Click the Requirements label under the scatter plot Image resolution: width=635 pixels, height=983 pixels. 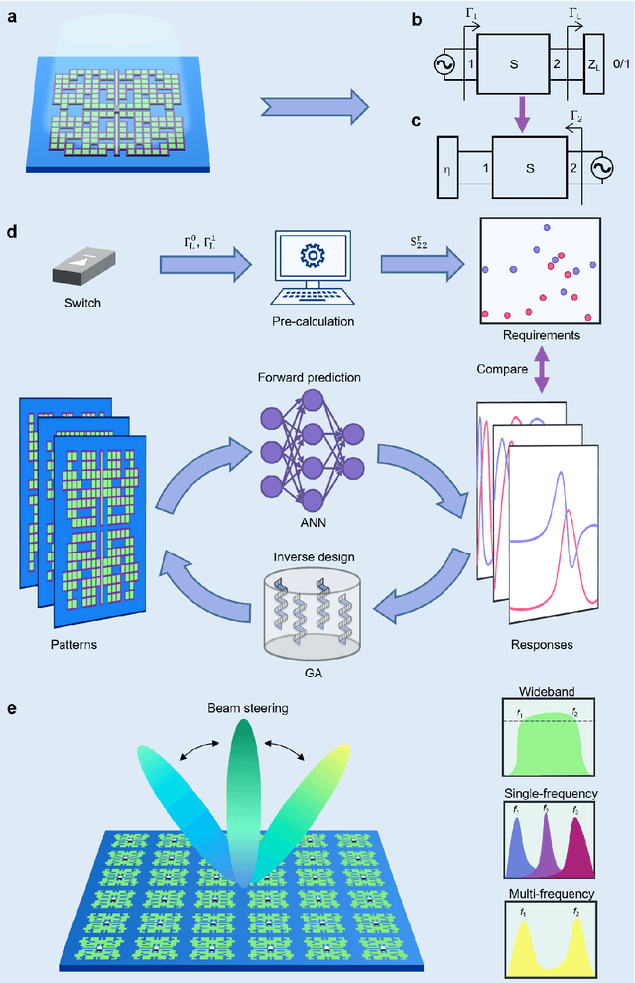click(541, 336)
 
